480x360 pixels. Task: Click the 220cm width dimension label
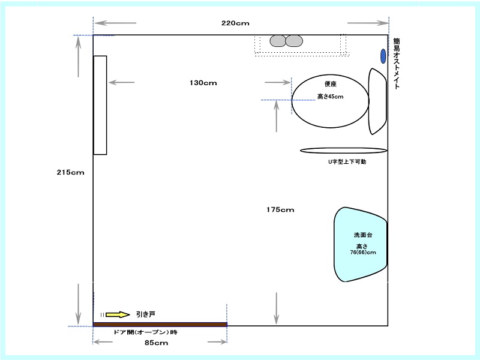(x=235, y=23)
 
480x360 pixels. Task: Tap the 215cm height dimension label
(x=70, y=172)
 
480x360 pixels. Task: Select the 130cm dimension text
(x=203, y=83)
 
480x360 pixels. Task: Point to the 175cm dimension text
(x=280, y=209)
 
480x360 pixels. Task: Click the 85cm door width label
(x=156, y=343)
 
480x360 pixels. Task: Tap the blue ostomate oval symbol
(x=383, y=56)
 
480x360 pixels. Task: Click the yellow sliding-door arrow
(x=118, y=314)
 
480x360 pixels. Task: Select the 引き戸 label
(x=146, y=314)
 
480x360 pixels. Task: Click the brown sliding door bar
(x=160, y=325)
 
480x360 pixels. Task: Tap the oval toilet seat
(x=331, y=101)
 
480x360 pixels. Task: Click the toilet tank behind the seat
(x=377, y=101)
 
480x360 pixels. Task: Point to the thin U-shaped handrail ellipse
(x=343, y=151)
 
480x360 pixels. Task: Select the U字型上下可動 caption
(x=347, y=161)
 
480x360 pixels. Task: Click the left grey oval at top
(x=278, y=41)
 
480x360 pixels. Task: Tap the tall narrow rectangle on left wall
(x=100, y=106)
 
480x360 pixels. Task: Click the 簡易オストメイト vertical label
(x=397, y=64)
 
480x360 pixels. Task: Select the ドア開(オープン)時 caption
(x=145, y=332)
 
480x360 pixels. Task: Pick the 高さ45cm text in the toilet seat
(x=331, y=97)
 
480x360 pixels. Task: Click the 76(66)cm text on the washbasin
(x=363, y=253)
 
